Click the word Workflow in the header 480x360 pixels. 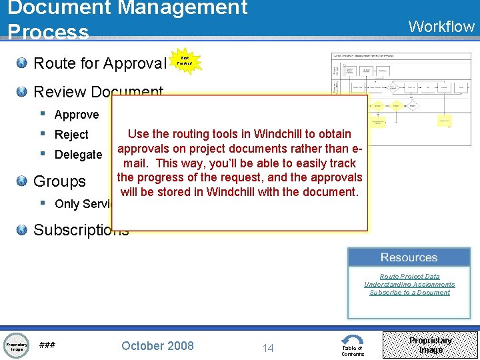[441, 27]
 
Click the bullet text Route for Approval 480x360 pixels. [99, 63]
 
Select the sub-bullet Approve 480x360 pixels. [77, 115]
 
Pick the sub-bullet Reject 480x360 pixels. [71, 135]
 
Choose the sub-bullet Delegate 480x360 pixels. [78, 155]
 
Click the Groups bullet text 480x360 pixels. [59, 181]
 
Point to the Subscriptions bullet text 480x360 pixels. [81, 230]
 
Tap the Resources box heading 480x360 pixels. [409, 257]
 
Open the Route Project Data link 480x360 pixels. [409, 276]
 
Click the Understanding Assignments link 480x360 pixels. [409, 284]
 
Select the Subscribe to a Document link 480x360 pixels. [409, 292]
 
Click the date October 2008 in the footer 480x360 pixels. [157, 345]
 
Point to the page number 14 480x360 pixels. [268, 347]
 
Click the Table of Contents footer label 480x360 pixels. [353, 351]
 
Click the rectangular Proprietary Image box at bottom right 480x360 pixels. [430, 345]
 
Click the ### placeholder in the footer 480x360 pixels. [47, 345]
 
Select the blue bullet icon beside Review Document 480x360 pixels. [22, 92]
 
